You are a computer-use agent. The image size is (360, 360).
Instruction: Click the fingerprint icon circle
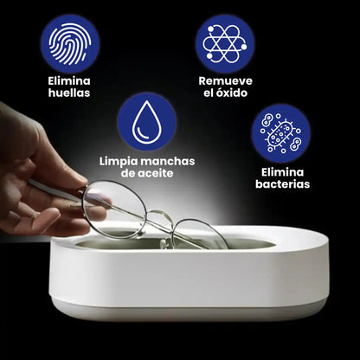click(70, 41)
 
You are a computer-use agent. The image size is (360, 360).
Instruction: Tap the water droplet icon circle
click(147, 122)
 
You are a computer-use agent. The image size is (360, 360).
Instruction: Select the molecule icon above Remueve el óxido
click(225, 41)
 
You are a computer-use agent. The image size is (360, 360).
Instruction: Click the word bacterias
click(281, 184)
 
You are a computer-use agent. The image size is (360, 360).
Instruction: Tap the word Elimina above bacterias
click(281, 170)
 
